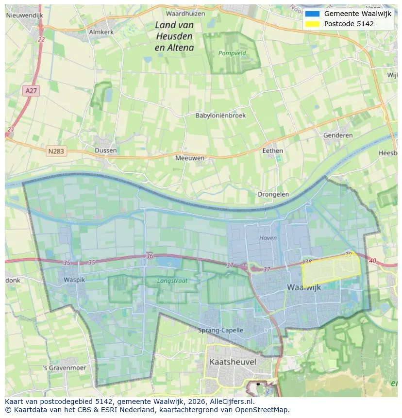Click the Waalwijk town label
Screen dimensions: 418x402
point(304,287)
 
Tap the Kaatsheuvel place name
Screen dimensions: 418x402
point(233,362)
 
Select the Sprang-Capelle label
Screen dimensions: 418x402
point(220,331)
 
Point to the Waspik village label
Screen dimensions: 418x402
point(74,280)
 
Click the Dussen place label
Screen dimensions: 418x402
point(106,150)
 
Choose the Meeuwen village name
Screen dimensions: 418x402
point(190,158)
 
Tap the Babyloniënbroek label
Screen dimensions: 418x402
point(220,116)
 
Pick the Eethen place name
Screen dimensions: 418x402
point(272,150)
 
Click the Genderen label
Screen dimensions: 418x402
point(338,135)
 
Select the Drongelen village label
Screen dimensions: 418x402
point(273,194)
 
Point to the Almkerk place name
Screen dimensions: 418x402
point(101,32)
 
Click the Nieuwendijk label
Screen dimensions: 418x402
point(24,16)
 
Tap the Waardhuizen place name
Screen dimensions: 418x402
point(185,14)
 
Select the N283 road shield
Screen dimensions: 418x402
point(56,151)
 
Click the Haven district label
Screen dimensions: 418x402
point(268,238)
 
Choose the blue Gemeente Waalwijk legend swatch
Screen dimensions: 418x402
point(312,14)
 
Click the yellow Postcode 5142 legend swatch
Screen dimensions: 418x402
point(312,24)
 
